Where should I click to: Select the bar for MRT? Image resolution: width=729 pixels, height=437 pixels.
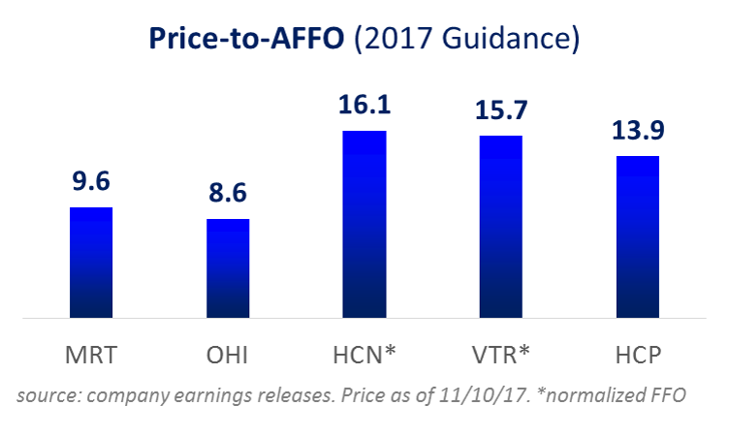click(91, 263)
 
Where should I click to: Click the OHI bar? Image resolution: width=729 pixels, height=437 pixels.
click(228, 268)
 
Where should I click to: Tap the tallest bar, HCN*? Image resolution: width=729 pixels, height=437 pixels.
click(364, 225)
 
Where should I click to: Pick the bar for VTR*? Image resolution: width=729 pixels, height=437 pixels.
click(501, 227)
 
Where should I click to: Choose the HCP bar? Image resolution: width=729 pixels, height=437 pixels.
click(638, 237)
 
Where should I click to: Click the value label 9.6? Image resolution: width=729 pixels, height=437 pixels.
click(91, 181)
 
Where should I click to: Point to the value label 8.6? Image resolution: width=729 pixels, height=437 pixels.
click(228, 193)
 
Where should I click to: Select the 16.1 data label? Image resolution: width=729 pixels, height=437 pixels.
click(364, 105)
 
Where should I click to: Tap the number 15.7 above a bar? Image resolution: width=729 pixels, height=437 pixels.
click(501, 110)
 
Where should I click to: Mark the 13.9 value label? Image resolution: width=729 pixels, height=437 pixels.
click(638, 130)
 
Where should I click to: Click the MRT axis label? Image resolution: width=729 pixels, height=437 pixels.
click(91, 356)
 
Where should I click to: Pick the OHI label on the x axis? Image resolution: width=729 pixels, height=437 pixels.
click(228, 356)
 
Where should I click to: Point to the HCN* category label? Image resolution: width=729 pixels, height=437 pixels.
click(364, 355)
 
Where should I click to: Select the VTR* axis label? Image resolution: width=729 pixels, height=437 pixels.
click(501, 355)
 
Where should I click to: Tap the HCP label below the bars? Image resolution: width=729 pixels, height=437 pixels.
click(638, 356)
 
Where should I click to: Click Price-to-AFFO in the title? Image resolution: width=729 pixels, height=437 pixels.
click(246, 38)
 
